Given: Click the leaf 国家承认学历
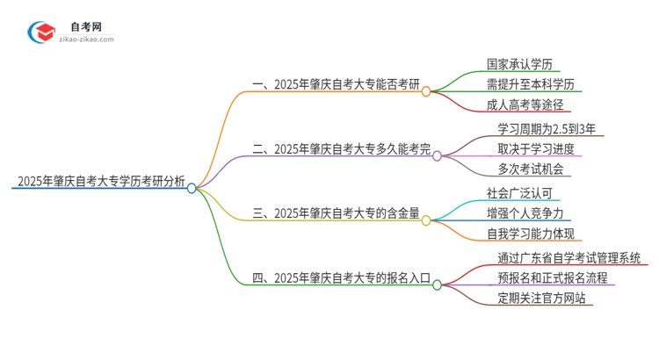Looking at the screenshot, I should point(518,63).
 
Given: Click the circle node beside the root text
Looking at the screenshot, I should point(192,188).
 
